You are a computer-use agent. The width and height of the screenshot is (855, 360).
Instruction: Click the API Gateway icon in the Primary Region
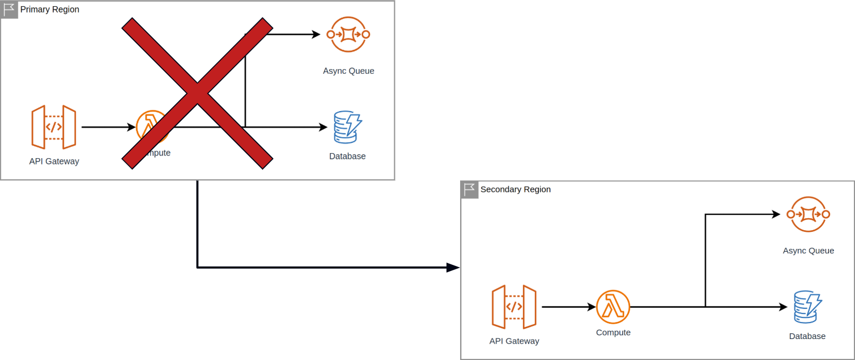click(x=54, y=127)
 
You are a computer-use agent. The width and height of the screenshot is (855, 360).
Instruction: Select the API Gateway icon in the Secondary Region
click(x=514, y=307)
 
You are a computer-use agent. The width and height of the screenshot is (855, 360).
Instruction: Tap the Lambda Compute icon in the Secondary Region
click(x=613, y=307)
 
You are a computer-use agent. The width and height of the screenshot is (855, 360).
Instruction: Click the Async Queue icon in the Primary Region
click(x=348, y=35)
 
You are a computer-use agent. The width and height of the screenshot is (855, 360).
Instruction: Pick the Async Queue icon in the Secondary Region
click(x=808, y=214)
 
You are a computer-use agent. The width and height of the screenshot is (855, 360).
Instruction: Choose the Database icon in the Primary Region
click(x=347, y=128)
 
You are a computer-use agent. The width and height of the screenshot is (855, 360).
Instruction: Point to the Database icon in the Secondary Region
click(x=807, y=307)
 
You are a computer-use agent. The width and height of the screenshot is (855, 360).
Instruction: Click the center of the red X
click(x=197, y=93)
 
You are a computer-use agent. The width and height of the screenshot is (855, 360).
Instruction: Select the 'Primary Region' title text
click(x=50, y=10)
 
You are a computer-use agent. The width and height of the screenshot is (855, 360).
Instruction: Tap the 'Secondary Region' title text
click(x=515, y=189)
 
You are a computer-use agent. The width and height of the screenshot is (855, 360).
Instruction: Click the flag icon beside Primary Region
click(x=9, y=10)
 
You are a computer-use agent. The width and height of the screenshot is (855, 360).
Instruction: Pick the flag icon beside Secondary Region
click(x=469, y=189)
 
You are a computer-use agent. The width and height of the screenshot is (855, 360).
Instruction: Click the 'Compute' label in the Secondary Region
click(x=613, y=333)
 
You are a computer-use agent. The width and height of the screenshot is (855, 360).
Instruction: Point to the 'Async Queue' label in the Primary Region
click(x=348, y=71)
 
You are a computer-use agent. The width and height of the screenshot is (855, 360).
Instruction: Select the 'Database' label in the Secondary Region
click(x=807, y=336)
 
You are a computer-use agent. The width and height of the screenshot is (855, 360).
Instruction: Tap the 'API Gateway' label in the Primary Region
click(x=54, y=161)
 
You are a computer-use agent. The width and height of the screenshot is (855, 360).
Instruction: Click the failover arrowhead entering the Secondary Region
click(x=453, y=267)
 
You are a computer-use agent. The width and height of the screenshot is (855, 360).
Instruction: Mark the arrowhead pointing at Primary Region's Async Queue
click(x=316, y=35)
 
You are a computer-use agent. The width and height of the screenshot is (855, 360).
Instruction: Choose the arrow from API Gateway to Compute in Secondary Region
click(x=567, y=307)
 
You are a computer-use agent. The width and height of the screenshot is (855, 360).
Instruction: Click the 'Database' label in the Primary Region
click(x=347, y=156)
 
